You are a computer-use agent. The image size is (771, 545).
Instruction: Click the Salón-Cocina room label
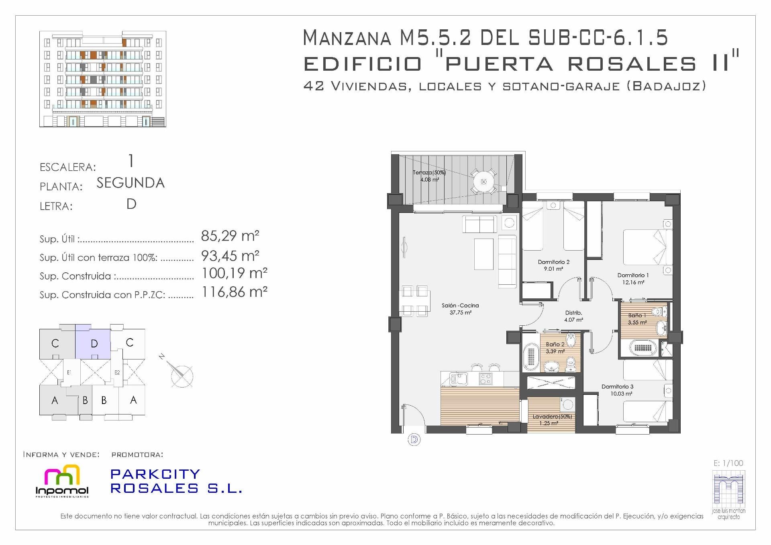point(460,306)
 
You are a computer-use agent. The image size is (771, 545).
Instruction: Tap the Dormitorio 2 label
point(553,262)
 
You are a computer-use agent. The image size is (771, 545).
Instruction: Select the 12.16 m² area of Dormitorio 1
point(633,282)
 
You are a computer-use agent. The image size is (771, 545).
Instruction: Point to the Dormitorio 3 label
point(617,387)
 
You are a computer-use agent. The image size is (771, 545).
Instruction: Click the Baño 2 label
point(555,344)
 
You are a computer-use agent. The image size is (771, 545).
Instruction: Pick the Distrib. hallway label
point(573,313)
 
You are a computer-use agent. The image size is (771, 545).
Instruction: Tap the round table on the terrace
point(483,182)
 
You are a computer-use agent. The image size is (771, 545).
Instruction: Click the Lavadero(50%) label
point(552,416)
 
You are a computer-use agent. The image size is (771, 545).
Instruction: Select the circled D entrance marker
point(414,440)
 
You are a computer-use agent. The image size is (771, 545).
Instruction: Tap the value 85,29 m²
point(230,236)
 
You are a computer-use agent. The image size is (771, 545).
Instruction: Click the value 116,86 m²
point(234,292)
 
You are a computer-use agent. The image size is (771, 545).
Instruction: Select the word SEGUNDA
point(131,183)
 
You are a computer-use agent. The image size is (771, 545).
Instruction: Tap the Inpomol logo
point(62,481)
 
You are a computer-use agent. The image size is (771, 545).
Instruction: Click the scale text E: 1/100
point(728,463)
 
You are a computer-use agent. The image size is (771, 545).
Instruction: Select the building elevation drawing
point(103,79)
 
